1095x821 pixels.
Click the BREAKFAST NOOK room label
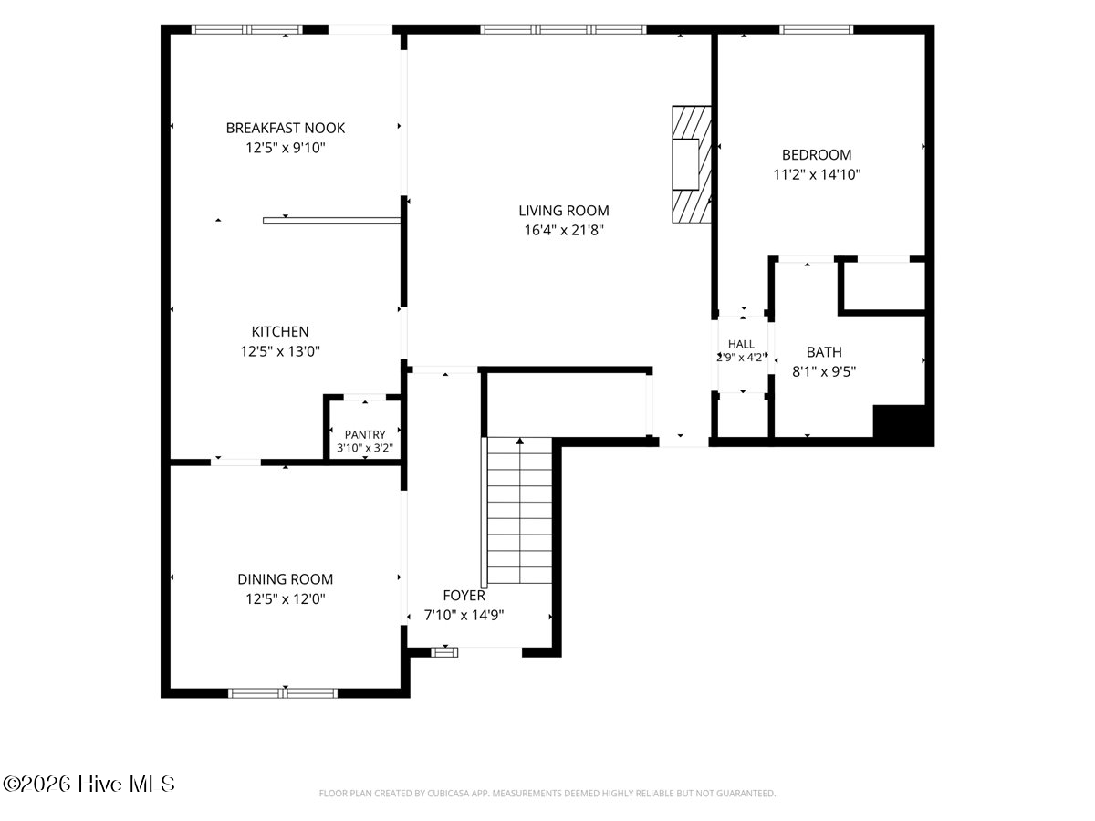[x=286, y=128]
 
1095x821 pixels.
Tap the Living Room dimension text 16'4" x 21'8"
[x=564, y=230]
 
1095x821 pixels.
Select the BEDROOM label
[x=817, y=155]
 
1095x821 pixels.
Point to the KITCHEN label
[x=280, y=331]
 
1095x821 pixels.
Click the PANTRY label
[x=365, y=435]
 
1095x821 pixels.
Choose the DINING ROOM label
[x=286, y=579]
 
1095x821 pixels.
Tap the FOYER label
[x=464, y=596]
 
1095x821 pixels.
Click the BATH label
[x=824, y=352]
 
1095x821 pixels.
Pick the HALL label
[x=741, y=344]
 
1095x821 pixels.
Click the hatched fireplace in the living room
[x=692, y=164]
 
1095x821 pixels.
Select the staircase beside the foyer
[x=519, y=511]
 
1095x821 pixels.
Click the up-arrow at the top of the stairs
[x=520, y=441]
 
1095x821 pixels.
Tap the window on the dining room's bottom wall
[x=283, y=693]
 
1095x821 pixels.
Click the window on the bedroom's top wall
[x=817, y=29]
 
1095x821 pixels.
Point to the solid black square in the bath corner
[x=903, y=425]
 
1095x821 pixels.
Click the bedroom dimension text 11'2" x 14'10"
[x=817, y=175]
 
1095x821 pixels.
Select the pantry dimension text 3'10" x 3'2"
[x=365, y=448]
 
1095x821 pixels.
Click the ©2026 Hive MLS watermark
[x=89, y=785]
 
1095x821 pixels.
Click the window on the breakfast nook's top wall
[x=247, y=29]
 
